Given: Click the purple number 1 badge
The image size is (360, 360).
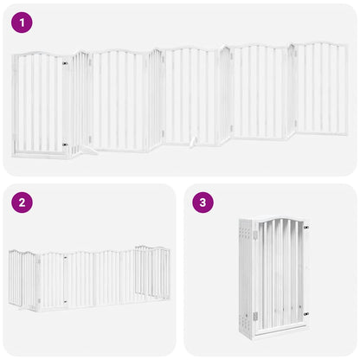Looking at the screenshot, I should click(23, 23).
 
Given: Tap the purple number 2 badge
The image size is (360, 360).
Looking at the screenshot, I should click(23, 203).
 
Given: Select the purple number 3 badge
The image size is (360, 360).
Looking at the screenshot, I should click(203, 203).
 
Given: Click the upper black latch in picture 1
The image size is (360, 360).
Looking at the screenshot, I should click(65, 63).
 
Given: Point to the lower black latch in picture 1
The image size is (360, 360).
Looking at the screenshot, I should click(65, 145).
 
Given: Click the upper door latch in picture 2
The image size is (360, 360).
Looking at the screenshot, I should click(66, 257).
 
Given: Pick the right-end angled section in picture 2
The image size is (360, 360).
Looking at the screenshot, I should click(161, 273).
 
